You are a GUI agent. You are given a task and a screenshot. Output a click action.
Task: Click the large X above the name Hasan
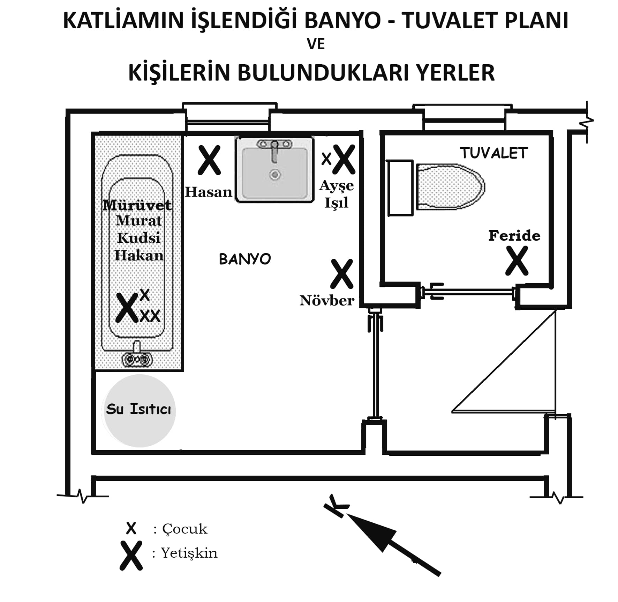(209, 160)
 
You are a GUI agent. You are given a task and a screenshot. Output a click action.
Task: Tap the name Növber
(327, 300)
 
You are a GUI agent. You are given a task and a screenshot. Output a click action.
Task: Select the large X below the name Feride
(517, 261)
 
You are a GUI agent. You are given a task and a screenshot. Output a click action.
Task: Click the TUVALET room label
(493, 153)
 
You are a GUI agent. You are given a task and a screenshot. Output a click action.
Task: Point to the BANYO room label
(245, 259)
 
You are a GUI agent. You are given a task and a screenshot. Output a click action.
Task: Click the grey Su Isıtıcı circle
(139, 411)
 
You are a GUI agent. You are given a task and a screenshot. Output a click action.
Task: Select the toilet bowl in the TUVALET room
(450, 186)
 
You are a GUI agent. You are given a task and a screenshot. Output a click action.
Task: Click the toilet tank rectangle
(400, 188)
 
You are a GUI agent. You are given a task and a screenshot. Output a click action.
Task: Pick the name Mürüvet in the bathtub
(137, 205)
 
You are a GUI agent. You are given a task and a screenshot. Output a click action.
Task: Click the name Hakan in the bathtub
(139, 256)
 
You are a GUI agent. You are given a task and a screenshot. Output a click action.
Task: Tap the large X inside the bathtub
(127, 307)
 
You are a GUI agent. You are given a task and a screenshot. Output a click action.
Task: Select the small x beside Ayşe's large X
(326, 159)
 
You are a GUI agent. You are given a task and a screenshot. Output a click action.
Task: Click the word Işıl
(336, 203)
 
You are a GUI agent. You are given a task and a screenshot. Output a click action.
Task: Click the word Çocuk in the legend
(185, 529)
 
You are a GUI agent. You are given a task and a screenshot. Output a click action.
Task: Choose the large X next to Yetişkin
(131, 556)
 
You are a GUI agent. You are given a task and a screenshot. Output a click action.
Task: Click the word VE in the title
(316, 44)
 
